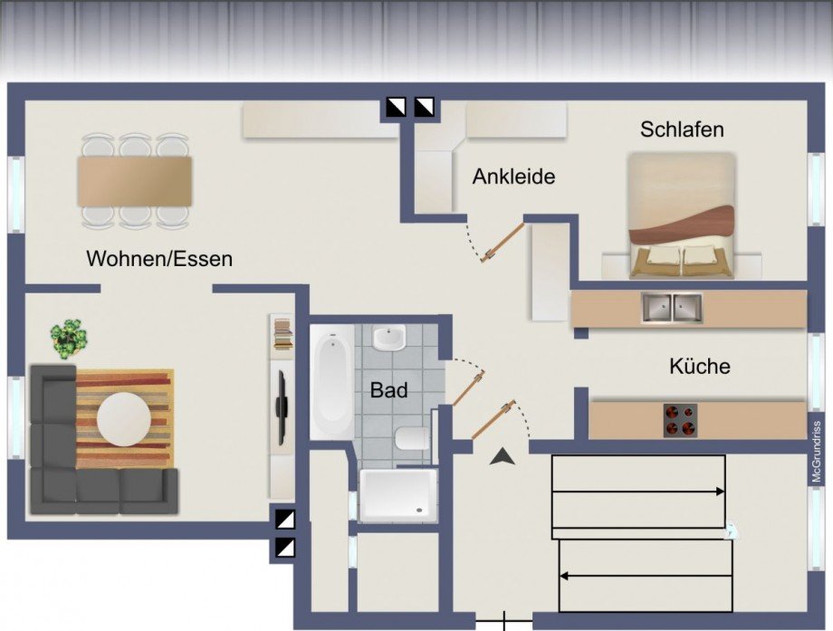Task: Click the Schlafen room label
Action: click(x=682, y=129)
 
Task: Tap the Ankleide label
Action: click(x=513, y=177)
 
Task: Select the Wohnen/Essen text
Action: click(x=159, y=259)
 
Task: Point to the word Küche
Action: click(x=700, y=367)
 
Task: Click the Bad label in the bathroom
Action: click(x=388, y=391)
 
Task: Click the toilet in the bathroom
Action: click(x=412, y=439)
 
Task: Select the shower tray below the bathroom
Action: click(x=398, y=494)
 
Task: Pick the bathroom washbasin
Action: click(x=389, y=338)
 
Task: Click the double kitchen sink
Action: click(x=673, y=309)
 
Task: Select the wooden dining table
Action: click(x=135, y=180)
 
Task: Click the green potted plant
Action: click(x=70, y=339)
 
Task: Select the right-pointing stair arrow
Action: click(x=638, y=492)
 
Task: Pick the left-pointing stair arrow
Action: click(x=645, y=575)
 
